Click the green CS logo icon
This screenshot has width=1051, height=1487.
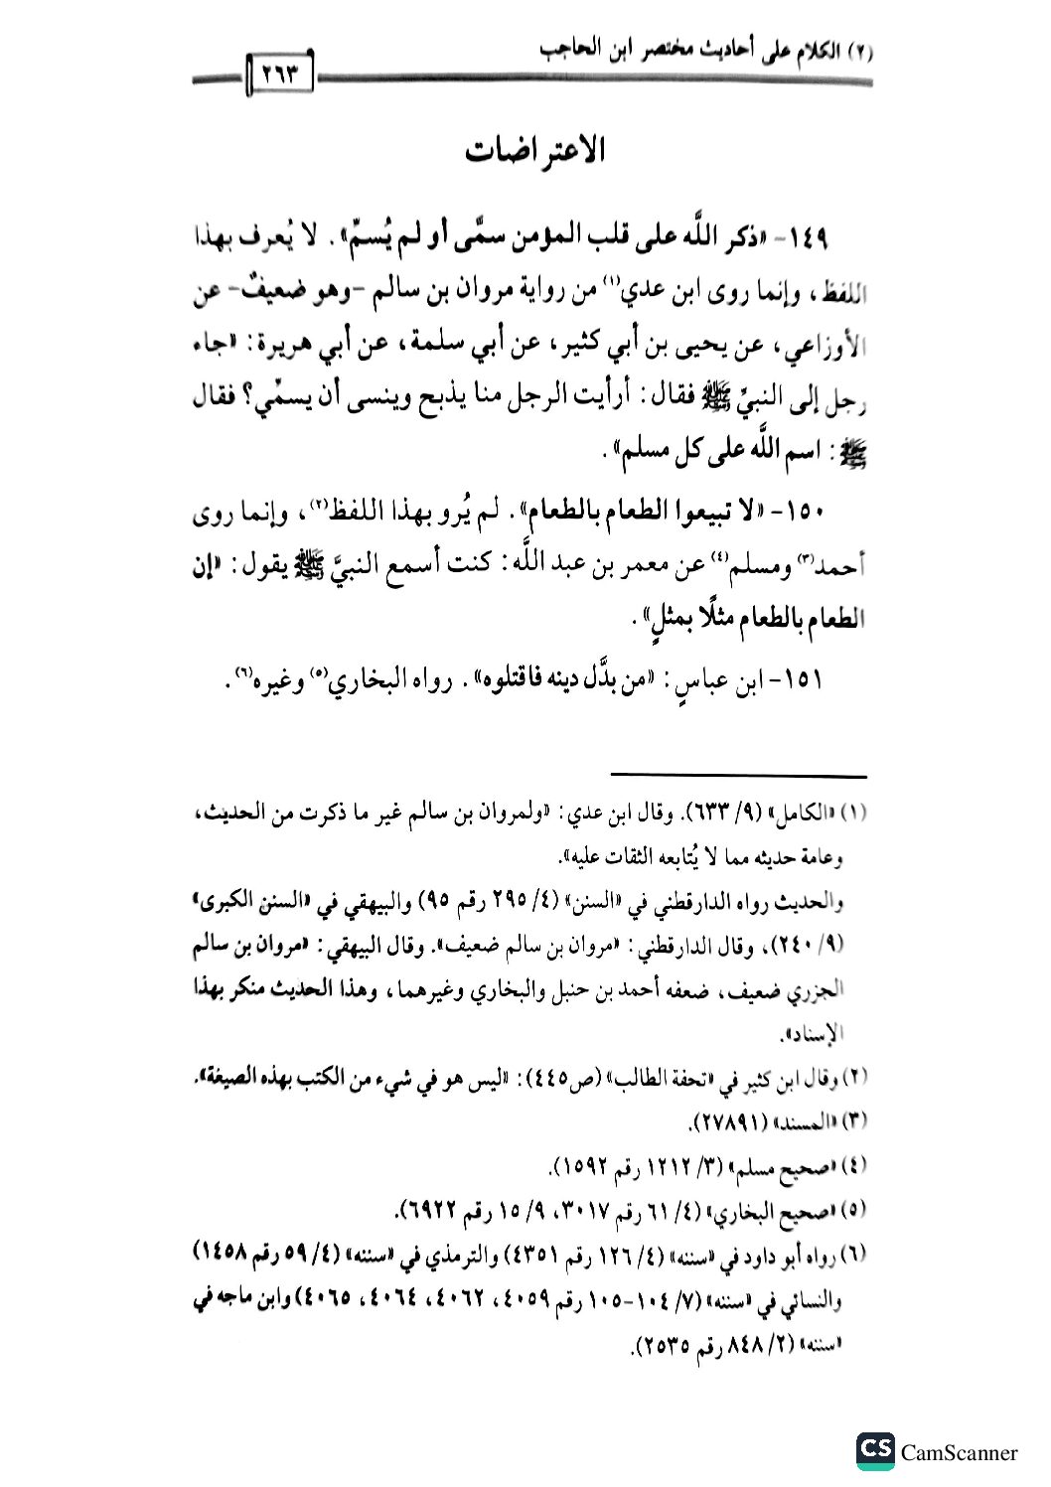874,1451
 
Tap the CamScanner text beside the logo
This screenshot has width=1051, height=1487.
959,1452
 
